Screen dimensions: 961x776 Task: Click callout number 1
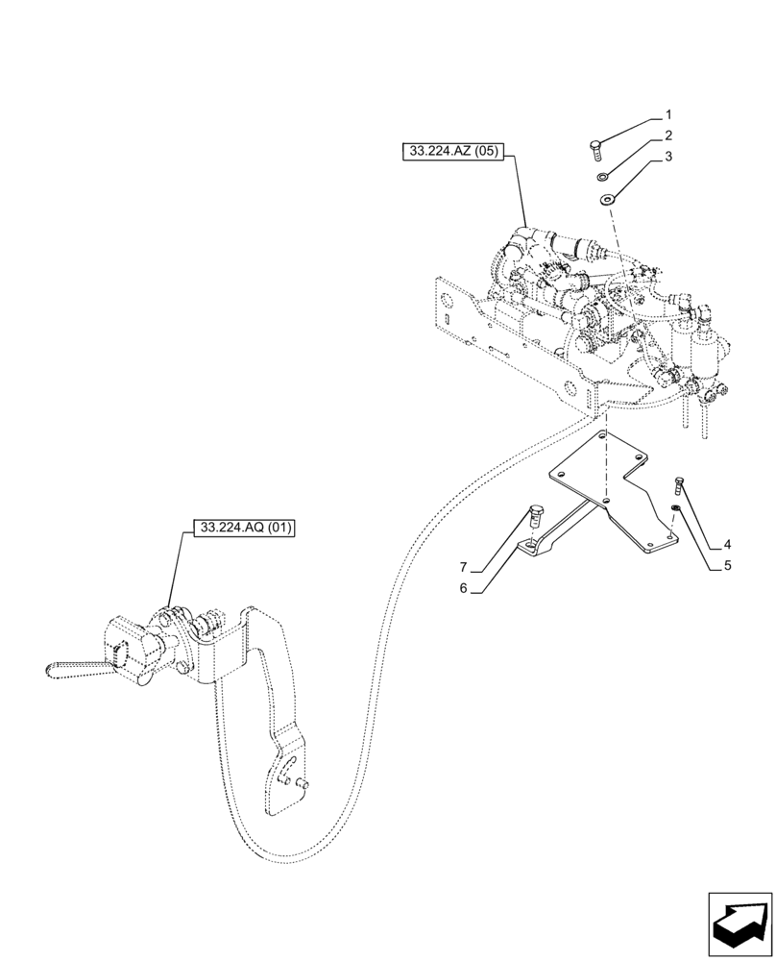click(668, 115)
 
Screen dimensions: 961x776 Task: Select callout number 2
click(668, 136)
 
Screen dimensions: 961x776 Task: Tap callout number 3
click(668, 156)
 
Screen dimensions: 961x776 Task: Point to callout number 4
click(728, 545)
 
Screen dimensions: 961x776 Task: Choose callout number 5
click(728, 566)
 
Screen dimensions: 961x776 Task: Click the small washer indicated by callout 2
click(602, 177)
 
